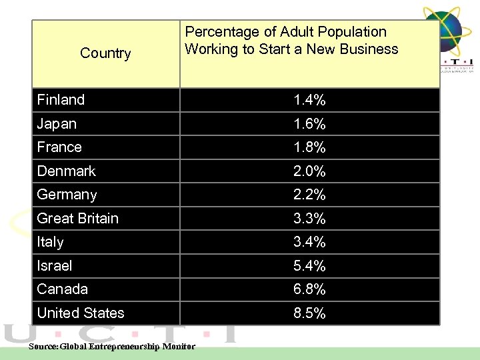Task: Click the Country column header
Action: pos(105,53)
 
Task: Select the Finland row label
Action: pos(61,100)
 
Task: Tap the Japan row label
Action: pos(57,124)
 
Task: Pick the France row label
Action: pos(59,147)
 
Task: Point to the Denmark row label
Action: pos(66,171)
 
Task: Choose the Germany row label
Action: pos(67,195)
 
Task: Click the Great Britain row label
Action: pos(77,219)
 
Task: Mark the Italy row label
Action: pos(50,242)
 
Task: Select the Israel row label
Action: pos(55,266)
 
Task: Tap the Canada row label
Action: pos(62,289)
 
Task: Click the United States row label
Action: pos(81,313)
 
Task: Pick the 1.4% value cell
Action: pos(309,101)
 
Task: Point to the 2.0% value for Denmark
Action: pos(309,171)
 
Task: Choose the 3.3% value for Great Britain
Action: pos(309,219)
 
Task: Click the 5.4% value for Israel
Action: pos(309,266)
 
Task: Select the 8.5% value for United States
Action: pos(309,313)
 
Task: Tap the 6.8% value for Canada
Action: pos(309,289)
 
